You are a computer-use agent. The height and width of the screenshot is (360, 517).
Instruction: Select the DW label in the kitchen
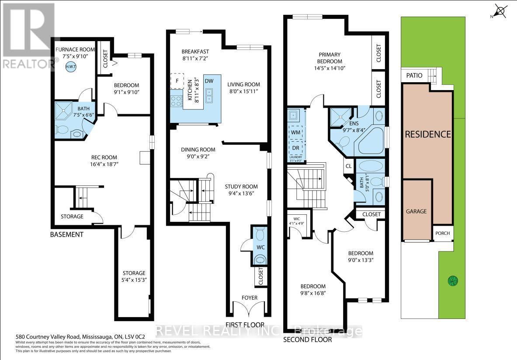(209, 81)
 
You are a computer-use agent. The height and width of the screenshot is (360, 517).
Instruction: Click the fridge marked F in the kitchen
(177, 80)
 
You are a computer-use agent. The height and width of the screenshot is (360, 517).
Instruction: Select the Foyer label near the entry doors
(250, 298)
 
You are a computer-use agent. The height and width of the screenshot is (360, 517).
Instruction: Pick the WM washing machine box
(295, 132)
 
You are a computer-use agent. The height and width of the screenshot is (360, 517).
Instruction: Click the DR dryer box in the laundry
(295, 147)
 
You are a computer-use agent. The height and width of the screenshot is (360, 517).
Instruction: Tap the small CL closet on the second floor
(348, 166)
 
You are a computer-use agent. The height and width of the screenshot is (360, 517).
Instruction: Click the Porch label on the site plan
(442, 233)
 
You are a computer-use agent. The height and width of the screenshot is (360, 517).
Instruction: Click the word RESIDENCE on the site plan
(427, 134)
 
